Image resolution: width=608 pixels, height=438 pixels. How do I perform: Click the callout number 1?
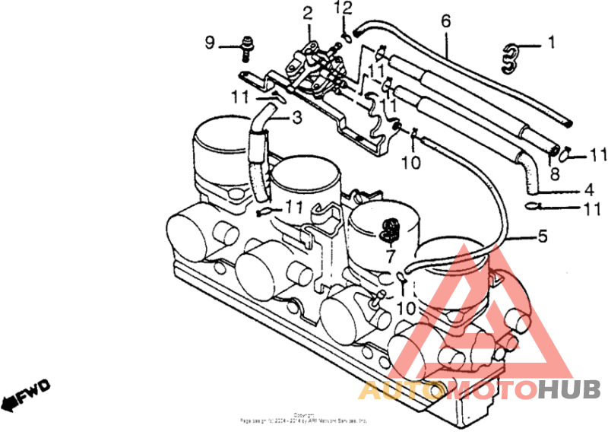[x=552, y=43]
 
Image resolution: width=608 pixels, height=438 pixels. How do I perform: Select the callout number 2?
[x=307, y=12]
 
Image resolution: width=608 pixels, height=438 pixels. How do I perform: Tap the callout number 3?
[x=296, y=117]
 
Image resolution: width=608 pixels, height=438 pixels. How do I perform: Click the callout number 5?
[x=542, y=237]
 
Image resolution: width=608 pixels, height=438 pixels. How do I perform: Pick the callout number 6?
[x=445, y=21]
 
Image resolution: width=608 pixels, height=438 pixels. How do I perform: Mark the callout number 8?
[x=554, y=174]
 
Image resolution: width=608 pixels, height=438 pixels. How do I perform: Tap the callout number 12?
[x=345, y=10]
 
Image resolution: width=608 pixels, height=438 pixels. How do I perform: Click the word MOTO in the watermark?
[x=489, y=391]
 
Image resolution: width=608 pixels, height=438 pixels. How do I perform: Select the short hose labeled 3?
[x=258, y=148]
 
